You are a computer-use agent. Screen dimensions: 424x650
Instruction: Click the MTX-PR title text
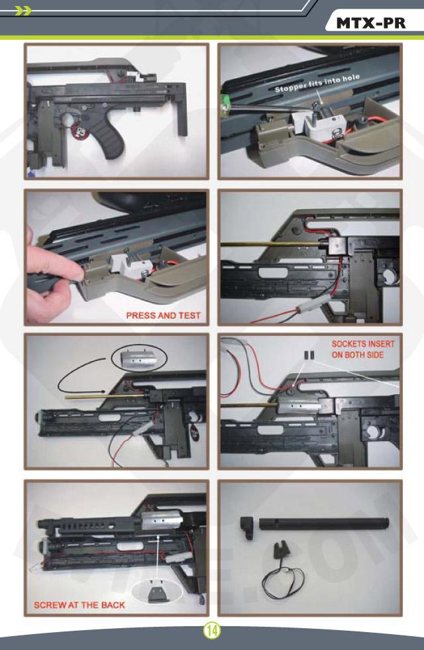click(x=370, y=23)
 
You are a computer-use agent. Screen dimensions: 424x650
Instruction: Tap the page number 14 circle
click(x=212, y=631)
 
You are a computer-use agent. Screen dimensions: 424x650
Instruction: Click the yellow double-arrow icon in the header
click(x=23, y=11)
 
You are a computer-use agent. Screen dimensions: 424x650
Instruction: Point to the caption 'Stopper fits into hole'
click(x=317, y=83)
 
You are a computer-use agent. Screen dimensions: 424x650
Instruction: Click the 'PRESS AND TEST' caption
click(x=163, y=315)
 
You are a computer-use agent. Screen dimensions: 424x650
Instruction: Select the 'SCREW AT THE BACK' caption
click(x=79, y=605)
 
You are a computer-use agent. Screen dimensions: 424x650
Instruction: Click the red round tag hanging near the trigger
click(x=79, y=132)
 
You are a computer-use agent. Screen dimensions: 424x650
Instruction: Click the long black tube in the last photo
click(x=324, y=523)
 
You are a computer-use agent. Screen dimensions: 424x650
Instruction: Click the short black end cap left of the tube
click(x=247, y=527)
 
